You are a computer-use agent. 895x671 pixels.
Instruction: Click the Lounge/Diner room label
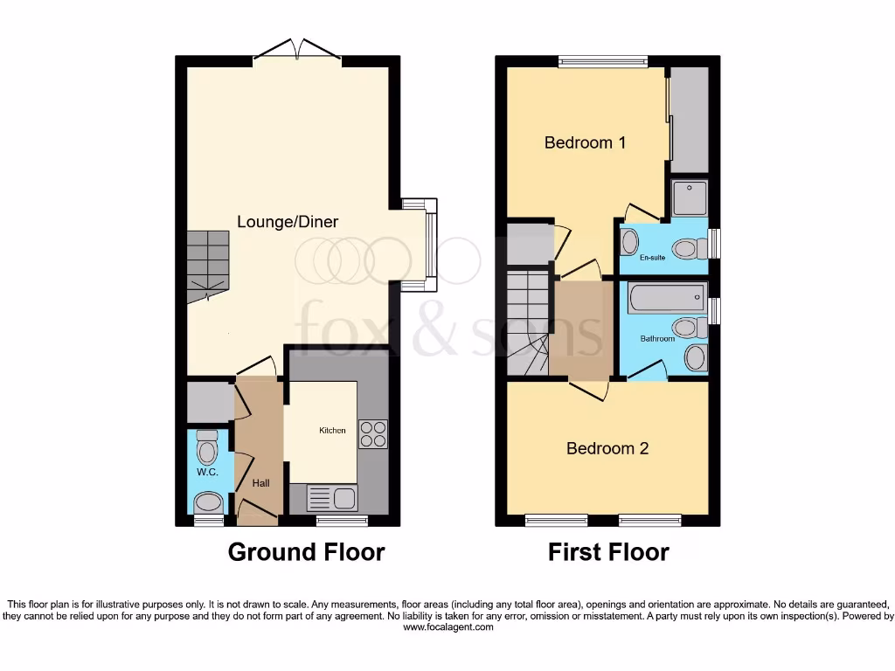(x=288, y=222)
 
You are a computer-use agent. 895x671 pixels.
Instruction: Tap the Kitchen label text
(x=332, y=430)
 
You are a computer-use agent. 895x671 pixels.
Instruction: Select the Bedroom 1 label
(x=585, y=142)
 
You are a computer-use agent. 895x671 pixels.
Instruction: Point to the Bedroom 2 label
(x=607, y=448)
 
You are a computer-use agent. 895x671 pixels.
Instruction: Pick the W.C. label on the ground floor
(x=206, y=472)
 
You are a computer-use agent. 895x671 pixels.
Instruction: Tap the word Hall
(x=261, y=482)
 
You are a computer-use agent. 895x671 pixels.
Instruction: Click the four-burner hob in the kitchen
(x=372, y=434)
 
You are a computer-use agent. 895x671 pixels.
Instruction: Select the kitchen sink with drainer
(x=331, y=498)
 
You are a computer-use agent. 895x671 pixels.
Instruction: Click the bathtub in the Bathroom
(x=667, y=298)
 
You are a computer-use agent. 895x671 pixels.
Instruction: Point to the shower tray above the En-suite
(x=689, y=197)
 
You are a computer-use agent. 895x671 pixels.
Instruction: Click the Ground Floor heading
(x=306, y=552)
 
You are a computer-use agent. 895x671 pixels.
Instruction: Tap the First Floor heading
(x=608, y=552)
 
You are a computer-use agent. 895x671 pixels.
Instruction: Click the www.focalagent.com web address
(x=447, y=627)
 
